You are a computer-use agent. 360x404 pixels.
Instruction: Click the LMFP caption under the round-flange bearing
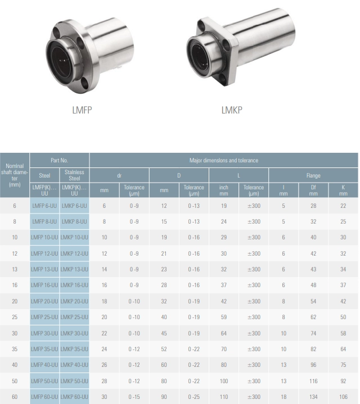(82, 110)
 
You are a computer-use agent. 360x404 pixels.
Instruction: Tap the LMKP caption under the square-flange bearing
(232, 110)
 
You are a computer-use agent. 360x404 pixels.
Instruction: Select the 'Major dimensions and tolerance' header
(223, 160)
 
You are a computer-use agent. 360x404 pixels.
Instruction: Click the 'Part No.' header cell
(59, 160)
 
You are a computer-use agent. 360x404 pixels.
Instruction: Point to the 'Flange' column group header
(313, 175)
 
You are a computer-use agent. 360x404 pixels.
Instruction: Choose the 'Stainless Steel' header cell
(74, 175)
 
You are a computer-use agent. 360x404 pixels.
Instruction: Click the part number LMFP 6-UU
(44, 206)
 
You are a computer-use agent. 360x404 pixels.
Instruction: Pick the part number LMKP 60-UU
(74, 397)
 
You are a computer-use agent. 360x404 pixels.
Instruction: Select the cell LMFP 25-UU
(44, 317)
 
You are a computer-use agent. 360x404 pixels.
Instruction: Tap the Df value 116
(313, 381)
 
